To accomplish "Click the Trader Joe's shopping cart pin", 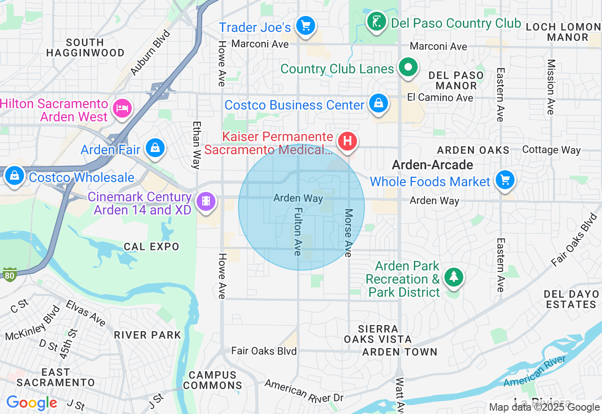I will point(306,25).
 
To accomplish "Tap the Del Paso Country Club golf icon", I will point(376,22).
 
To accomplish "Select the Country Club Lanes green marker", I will point(408,67).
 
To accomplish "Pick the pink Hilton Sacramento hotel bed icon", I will point(122,108).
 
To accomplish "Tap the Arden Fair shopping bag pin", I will point(154,148).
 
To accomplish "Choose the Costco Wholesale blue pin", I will point(15,176).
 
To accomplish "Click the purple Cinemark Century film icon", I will point(206,201).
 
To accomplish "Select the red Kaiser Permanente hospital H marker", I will point(347,141).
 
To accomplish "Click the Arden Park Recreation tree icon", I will point(453,277).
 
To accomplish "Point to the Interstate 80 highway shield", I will point(10,275).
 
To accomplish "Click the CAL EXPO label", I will point(151,247).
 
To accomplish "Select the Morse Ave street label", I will point(348,233).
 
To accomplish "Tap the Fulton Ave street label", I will point(298,231).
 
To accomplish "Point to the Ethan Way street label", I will point(196,145).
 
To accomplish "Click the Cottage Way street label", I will point(551,150).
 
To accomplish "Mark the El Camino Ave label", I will point(440,98).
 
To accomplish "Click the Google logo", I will point(32,403).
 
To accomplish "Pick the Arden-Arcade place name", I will point(432,165).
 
